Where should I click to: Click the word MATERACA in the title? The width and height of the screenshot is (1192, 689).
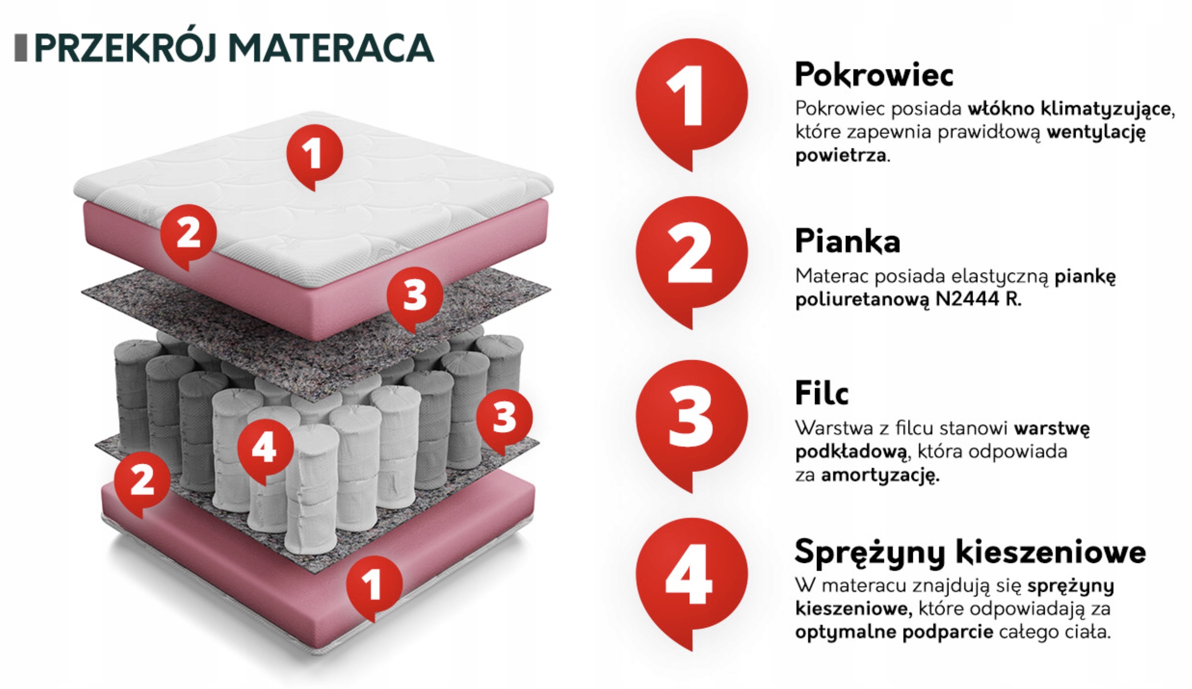pos(331,48)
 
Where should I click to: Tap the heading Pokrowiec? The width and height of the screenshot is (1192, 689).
pos(874,75)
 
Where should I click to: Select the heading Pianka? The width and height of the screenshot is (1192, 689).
pos(847,241)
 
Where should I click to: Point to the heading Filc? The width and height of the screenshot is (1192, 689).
pos(821,392)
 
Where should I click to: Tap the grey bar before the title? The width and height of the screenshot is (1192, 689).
pos(21,48)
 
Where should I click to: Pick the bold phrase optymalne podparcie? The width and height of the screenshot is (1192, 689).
pos(894,633)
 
